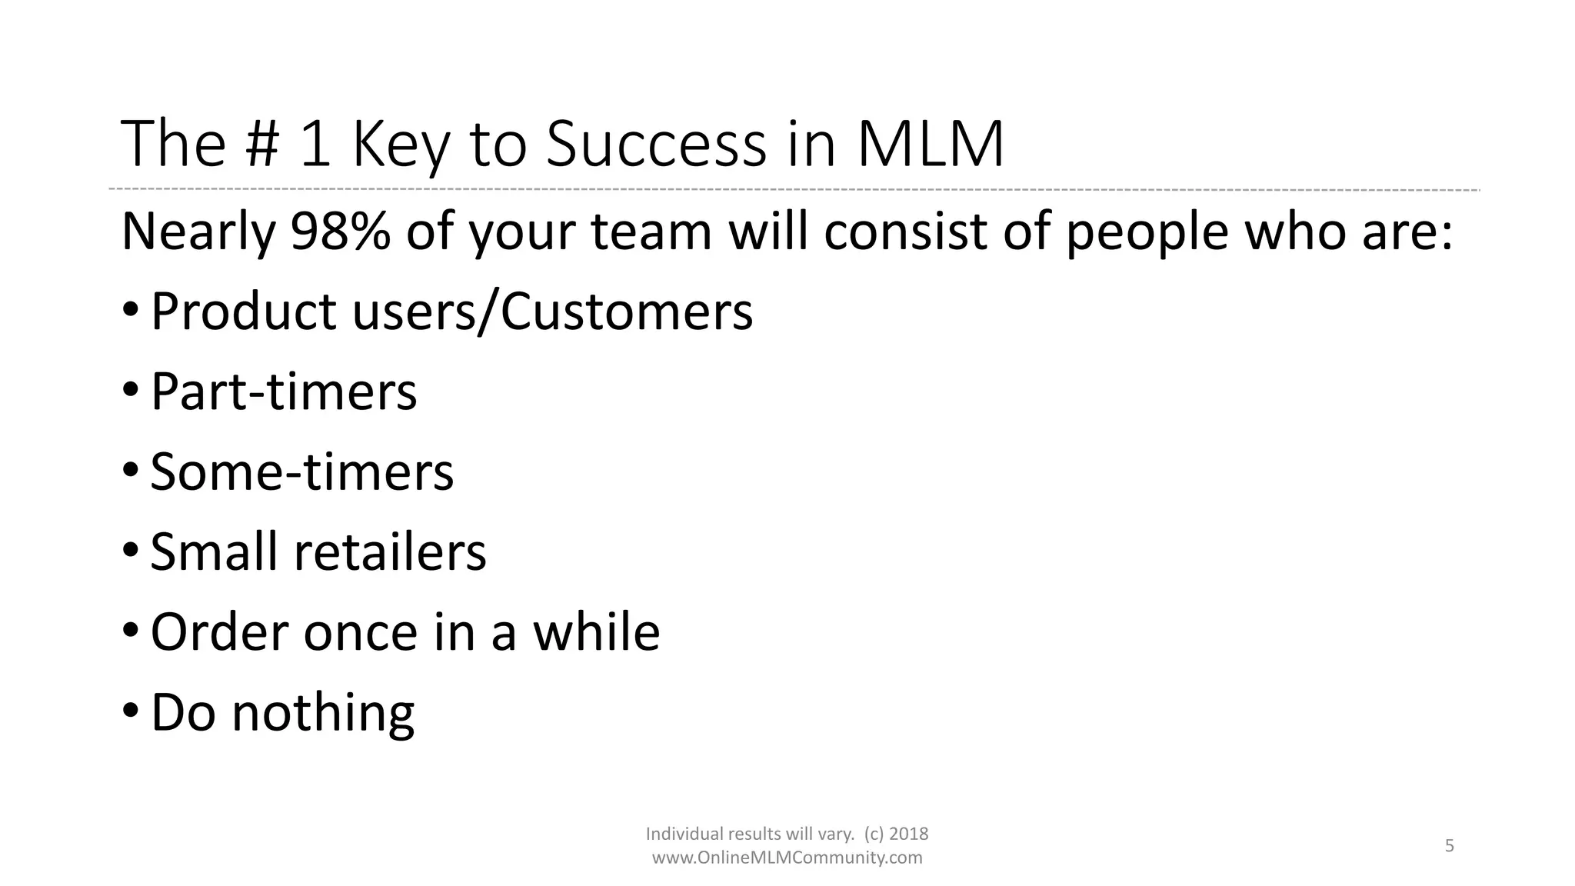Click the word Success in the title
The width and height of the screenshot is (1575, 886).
(656, 145)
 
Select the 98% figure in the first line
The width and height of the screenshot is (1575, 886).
(340, 231)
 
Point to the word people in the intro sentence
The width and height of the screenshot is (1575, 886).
(1147, 231)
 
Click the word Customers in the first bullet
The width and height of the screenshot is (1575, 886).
(626, 311)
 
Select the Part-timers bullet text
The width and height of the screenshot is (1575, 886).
(283, 391)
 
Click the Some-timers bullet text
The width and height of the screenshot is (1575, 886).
(301, 471)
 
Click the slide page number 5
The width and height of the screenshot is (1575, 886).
(1449, 846)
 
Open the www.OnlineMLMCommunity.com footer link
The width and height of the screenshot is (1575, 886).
(787, 858)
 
